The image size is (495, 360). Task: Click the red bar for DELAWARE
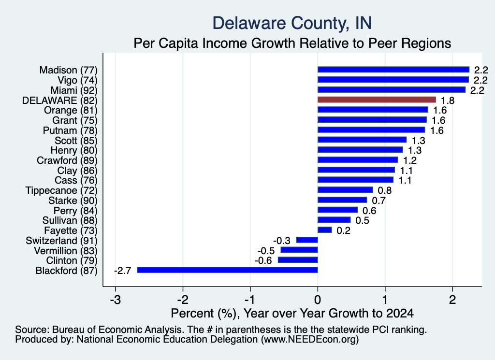coord(377,100)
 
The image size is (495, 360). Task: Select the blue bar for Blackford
coord(227,270)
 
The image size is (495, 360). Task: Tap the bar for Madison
coord(393,70)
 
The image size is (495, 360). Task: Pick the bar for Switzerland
coord(307,240)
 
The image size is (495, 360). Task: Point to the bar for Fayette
coord(324,230)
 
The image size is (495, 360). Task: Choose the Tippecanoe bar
coord(345,190)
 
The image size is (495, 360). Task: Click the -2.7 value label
coord(122,271)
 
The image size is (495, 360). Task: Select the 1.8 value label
coord(448,101)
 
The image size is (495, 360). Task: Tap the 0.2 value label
coord(344,230)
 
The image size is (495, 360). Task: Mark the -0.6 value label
coord(263,260)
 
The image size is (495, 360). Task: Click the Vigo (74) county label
coord(78,80)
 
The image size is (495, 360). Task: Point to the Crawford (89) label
coord(67,160)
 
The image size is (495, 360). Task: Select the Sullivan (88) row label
coord(70,220)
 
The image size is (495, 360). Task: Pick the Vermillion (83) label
coord(66,250)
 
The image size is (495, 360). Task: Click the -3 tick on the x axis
coord(116,300)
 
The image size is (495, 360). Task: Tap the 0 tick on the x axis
coord(318,300)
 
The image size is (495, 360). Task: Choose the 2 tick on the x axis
coord(452,300)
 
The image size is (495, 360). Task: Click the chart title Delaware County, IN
coord(292,23)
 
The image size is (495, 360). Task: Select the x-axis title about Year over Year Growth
coord(292,313)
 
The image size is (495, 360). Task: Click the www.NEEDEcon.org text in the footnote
coord(310,340)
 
